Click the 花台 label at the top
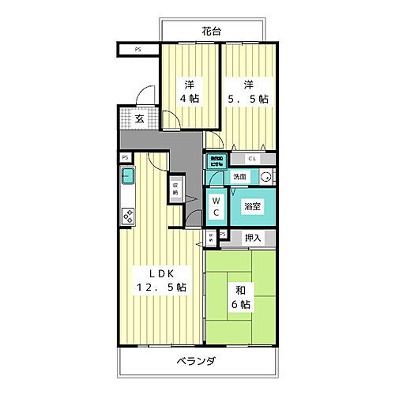coord(210,32)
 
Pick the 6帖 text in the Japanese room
coord(242,303)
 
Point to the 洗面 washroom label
coord(239,177)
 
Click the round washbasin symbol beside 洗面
coord(266,177)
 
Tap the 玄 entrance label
coord(138,119)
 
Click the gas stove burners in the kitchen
coord(127,213)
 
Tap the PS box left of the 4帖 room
coord(139,51)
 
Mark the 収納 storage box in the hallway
coord(174,190)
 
